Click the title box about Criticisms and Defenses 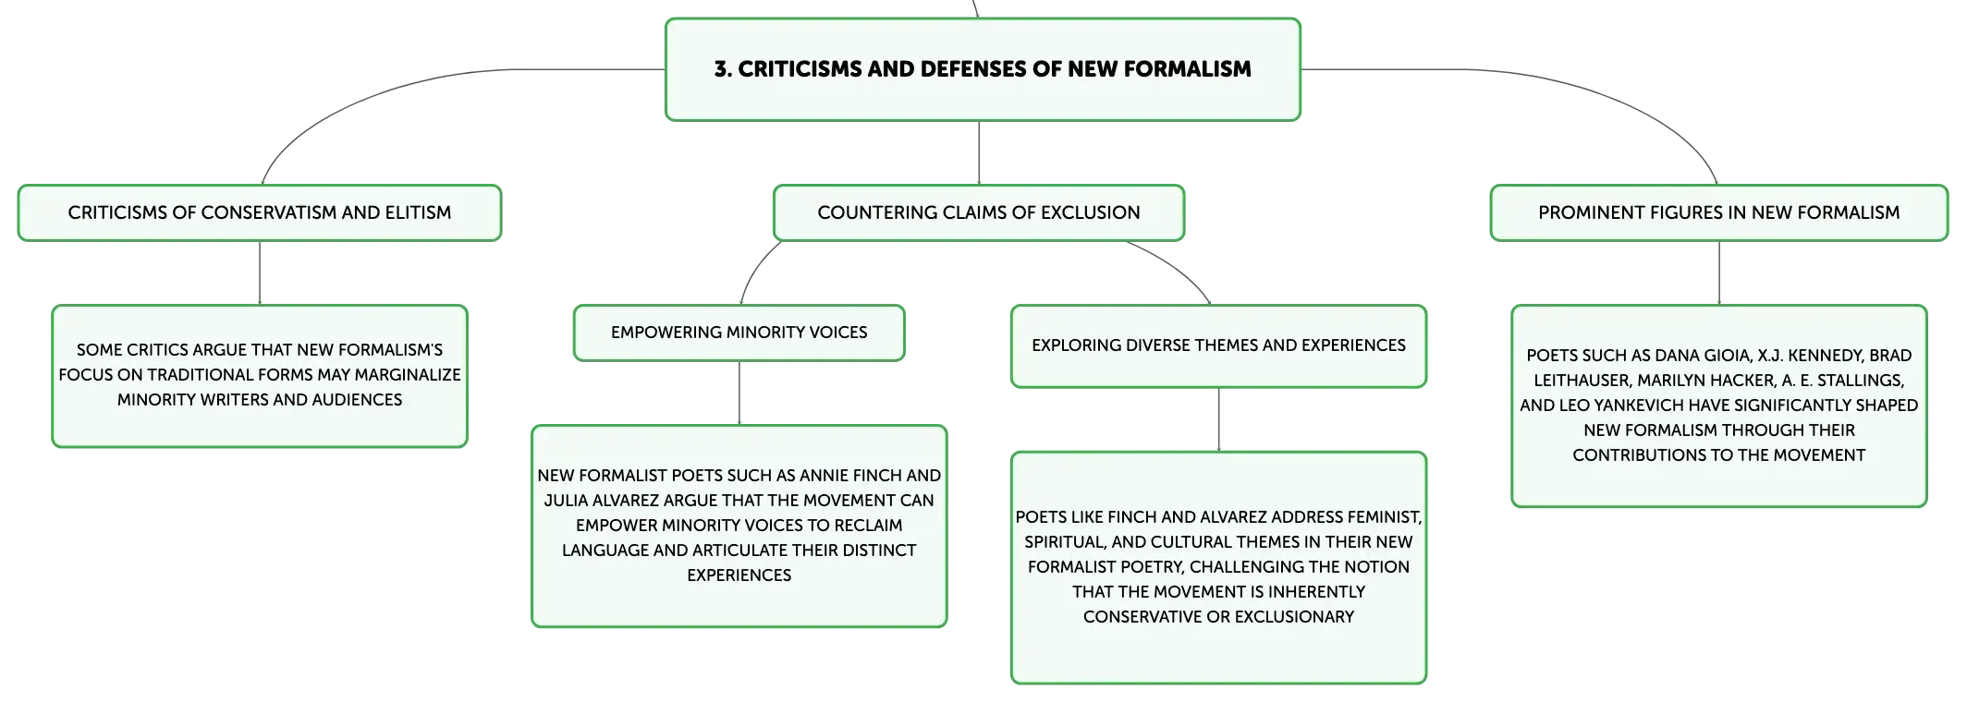[983, 69]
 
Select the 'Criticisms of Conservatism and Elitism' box [260, 212]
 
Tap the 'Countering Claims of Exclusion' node [979, 212]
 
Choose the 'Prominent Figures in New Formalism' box [1719, 212]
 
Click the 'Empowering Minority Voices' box [739, 333]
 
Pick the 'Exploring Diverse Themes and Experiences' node [1218, 345]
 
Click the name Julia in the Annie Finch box [565, 501]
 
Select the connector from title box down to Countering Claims [979, 152]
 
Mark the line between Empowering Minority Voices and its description [739, 393]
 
